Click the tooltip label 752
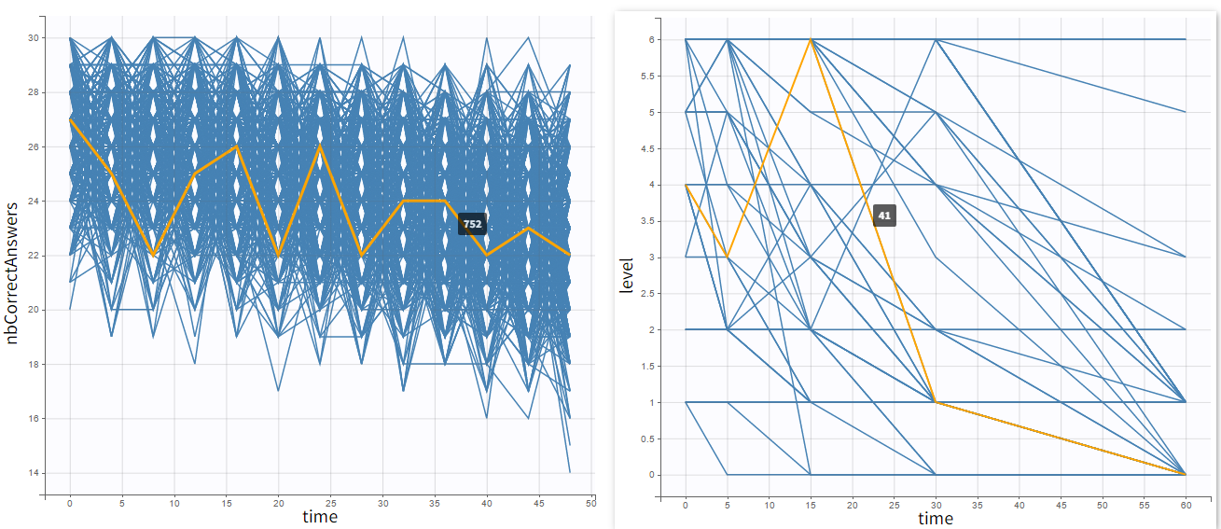472,224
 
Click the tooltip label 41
884,216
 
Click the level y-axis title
627,276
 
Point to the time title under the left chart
320,517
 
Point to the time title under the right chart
936,518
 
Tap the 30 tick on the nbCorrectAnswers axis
35,38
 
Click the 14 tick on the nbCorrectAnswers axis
35,473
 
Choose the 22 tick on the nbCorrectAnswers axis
35,256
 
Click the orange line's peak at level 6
811,39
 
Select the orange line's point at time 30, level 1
936,402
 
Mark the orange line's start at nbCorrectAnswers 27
70,119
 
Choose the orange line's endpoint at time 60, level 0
1185,475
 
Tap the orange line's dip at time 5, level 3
728,258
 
